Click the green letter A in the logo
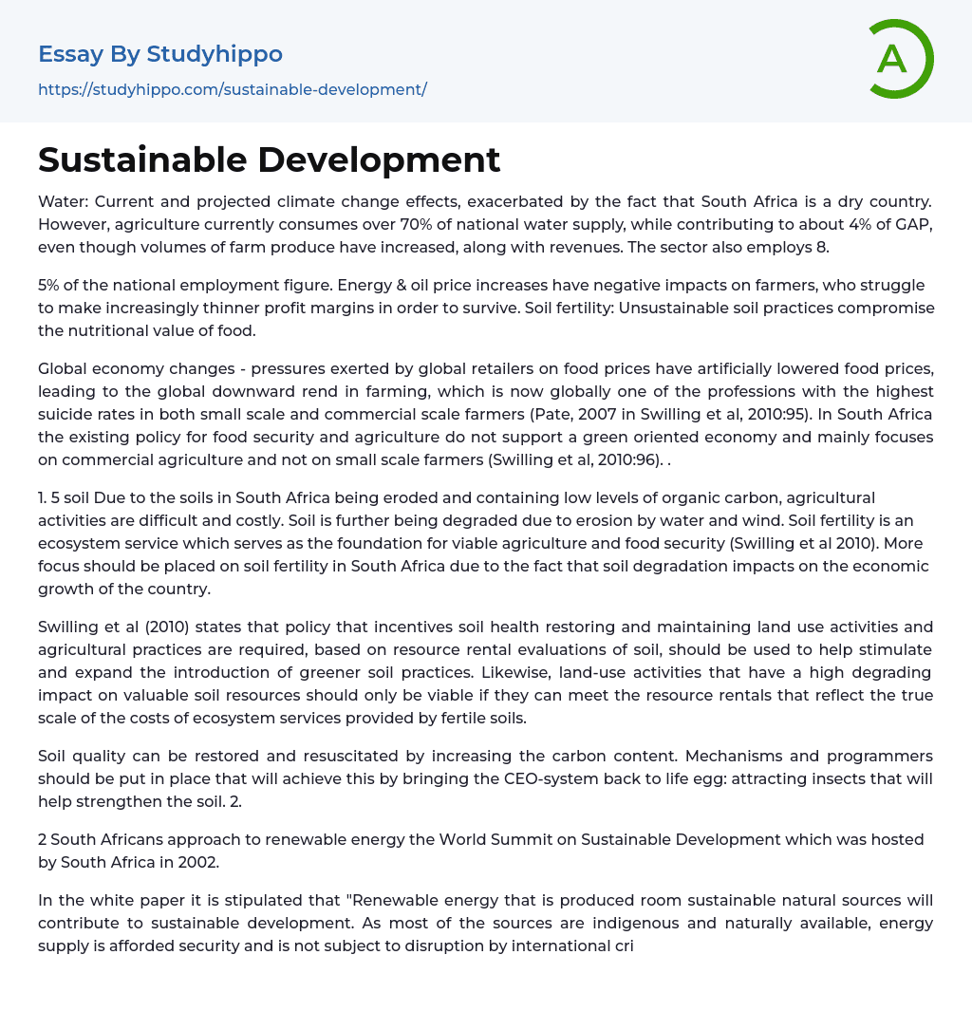pyautogui.click(x=891, y=59)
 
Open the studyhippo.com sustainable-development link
pyautogui.click(x=233, y=89)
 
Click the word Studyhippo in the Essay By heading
pyautogui.click(x=215, y=54)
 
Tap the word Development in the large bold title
pyautogui.click(x=386, y=159)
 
